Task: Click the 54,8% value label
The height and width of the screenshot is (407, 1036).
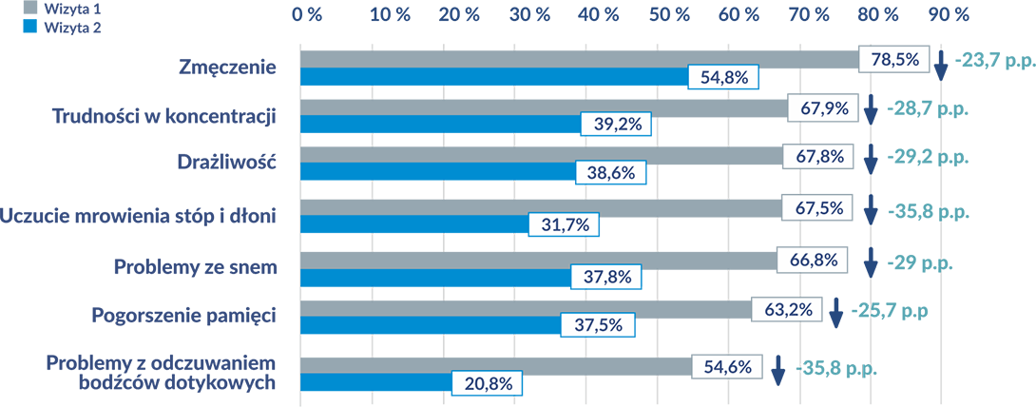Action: click(x=724, y=79)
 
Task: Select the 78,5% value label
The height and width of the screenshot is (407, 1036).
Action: click(x=894, y=60)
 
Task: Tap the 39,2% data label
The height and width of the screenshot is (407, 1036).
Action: click(x=617, y=124)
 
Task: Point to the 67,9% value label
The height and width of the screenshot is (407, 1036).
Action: click(x=823, y=108)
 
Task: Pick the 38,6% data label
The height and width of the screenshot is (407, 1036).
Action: click(x=612, y=174)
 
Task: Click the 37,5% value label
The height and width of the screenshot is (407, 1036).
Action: click(x=598, y=323)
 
